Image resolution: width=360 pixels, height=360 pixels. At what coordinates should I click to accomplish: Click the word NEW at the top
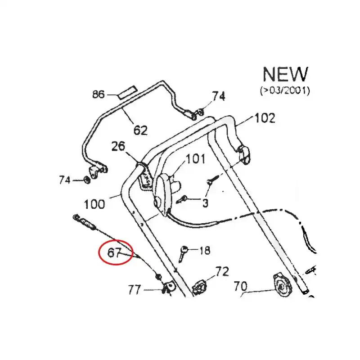point(285,74)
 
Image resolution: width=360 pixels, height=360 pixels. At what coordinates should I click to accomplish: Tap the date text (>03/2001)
point(285,90)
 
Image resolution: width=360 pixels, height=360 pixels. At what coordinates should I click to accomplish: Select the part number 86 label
point(99,94)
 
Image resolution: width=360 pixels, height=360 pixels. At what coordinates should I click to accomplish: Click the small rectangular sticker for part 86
point(128,92)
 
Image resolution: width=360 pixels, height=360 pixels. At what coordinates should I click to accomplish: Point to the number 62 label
point(140,130)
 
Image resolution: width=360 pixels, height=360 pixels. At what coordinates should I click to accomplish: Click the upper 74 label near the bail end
point(218,96)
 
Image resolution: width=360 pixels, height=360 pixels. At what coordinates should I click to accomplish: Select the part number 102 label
point(265,118)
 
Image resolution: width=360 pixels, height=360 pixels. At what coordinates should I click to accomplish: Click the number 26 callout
point(118,146)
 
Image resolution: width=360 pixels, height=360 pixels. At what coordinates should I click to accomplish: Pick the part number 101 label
point(195,159)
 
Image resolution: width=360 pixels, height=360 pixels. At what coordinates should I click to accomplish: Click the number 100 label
point(94,204)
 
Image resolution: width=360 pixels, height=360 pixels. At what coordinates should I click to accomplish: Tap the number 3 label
point(205,203)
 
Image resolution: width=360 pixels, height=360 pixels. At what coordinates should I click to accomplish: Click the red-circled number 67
point(114,253)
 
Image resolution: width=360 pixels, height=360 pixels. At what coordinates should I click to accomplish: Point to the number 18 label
point(205,250)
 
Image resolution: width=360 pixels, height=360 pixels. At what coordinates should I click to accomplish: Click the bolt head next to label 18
point(184,249)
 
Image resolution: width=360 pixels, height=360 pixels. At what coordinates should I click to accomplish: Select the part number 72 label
point(222,271)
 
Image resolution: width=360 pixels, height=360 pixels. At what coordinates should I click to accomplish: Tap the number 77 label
point(135,290)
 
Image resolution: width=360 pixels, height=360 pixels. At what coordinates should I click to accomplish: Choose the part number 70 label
point(241,286)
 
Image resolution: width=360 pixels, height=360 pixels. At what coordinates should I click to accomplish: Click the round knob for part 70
point(283,285)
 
